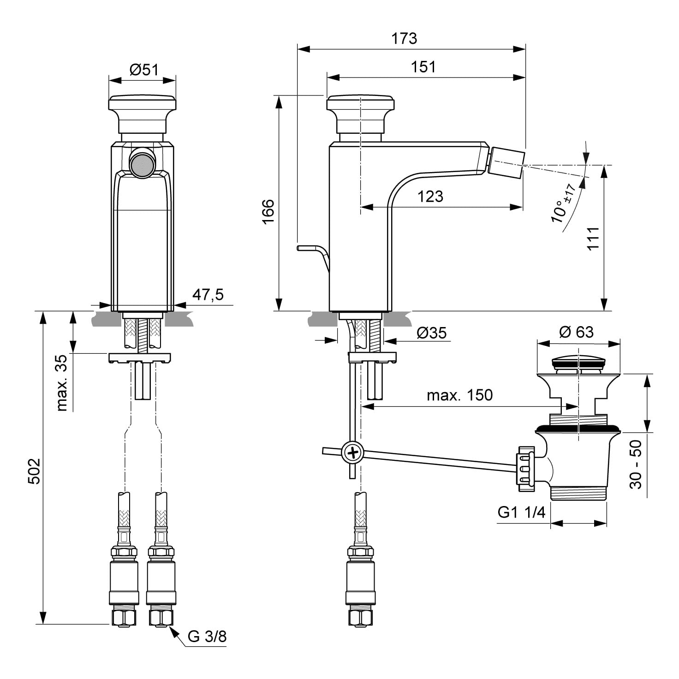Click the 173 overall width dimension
pyautogui.click(x=404, y=38)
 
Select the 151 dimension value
pyautogui.click(x=423, y=66)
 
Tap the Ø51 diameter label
pyautogui.click(x=144, y=69)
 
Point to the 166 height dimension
pyautogui.click(x=268, y=211)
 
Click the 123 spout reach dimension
pyautogui.click(x=430, y=196)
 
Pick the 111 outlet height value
pyautogui.click(x=593, y=238)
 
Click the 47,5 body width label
pyautogui.click(x=208, y=295)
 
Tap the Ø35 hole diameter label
pyautogui.click(x=432, y=333)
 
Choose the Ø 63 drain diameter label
pyautogui.click(x=577, y=332)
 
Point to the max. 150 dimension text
pyautogui.click(x=459, y=395)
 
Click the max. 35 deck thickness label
pyautogui.click(x=61, y=383)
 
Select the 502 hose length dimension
pyautogui.click(x=34, y=471)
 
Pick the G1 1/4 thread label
pyautogui.click(x=521, y=512)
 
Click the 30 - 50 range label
pyautogui.click(x=636, y=465)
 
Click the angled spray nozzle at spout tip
pyautogui.click(x=506, y=163)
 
